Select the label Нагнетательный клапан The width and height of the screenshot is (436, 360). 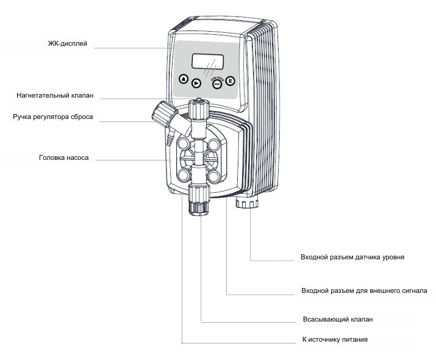(x=55, y=96)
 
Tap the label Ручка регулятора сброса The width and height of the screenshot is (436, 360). (x=53, y=117)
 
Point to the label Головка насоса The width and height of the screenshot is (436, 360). (x=64, y=157)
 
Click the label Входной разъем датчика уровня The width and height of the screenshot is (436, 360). (x=352, y=257)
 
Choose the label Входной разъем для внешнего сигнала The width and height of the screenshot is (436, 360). (x=364, y=290)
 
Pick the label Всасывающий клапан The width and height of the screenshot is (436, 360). (x=337, y=319)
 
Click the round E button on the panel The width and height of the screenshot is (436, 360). (x=231, y=81)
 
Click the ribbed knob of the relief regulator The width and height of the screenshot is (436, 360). (x=162, y=112)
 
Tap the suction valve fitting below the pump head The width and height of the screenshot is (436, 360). (x=198, y=198)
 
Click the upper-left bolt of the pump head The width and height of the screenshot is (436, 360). (x=183, y=145)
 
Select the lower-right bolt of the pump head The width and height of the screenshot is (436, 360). (x=213, y=175)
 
